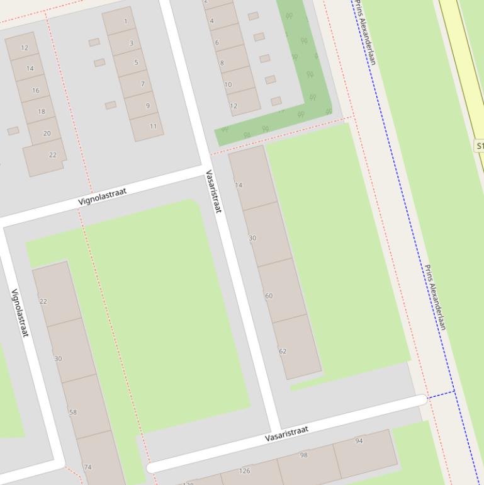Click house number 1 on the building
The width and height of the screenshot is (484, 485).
[126, 21]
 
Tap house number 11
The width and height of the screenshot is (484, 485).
[153, 126]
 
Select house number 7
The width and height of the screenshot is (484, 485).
[142, 84]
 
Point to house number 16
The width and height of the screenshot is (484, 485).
[35, 91]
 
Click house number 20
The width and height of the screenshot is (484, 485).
[47, 134]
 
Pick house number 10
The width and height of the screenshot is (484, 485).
[227, 84]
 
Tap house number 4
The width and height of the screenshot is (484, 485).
[211, 21]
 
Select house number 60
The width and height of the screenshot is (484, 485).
[269, 296]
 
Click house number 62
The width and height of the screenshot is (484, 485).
[283, 351]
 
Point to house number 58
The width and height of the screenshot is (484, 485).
[73, 413]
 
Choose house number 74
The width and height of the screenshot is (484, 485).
[87, 467]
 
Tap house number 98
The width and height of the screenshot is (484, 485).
[303, 455]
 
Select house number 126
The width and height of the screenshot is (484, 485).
[245, 471]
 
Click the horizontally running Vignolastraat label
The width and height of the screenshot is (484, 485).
[103, 195]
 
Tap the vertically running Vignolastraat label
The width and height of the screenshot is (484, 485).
[20, 313]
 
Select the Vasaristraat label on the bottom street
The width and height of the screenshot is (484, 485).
[286, 433]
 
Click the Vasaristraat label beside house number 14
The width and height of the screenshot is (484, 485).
[213, 191]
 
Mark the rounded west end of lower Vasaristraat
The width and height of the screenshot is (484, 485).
[151, 468]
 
